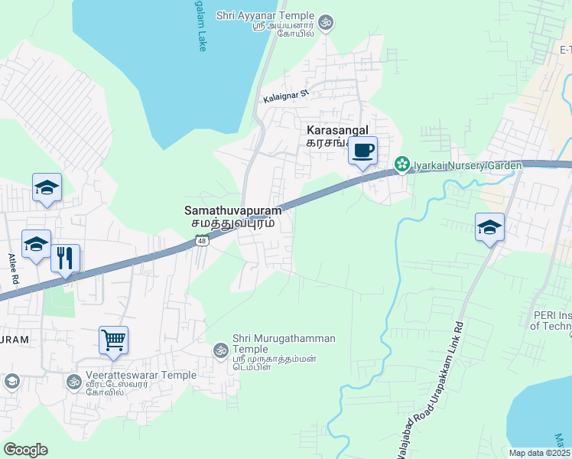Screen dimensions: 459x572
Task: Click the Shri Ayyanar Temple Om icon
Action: pyautogui.click(x=326, y=21)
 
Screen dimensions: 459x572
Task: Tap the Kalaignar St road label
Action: pyautogui.click(x=284, y=96)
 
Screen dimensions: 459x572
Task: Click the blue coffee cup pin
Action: pyautogui.click(x=363, y=149)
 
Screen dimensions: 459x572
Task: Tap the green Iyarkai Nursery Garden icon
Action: pyautogui.click(x=401, y=164)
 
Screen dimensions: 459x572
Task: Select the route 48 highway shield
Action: pyautogui.click(x=201, y=241)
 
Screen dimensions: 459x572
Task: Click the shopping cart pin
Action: pyautogui.click(x=113, y=340)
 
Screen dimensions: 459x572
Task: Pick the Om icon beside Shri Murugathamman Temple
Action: pyautogui.click(x=220, y=350)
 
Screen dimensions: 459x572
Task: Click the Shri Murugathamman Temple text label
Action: pyautogui.click(x=272, y=343)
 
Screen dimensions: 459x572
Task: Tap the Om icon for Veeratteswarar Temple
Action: pyautogui.click(x=73, y=381)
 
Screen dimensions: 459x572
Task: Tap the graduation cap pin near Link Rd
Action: pyautogui.click(x=489, y=227)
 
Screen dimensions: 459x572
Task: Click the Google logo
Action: pyautogui.click(x=25, y=450)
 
